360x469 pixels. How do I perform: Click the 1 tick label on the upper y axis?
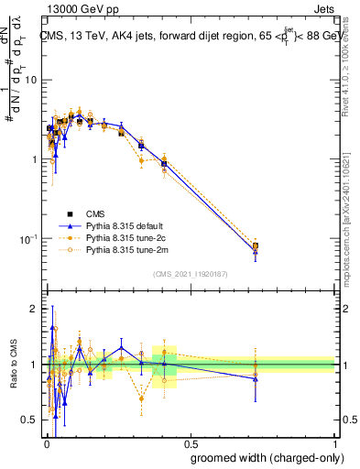(x=34, y=159)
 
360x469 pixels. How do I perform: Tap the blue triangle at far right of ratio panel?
(x=256, y=378)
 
